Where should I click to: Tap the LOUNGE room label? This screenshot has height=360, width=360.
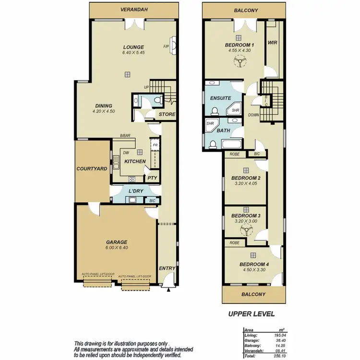click(133, 47)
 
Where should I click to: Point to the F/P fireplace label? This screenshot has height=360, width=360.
click(166, 47)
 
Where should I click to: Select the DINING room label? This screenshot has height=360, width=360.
click(104, 106)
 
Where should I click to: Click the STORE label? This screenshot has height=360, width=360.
click(167, 114)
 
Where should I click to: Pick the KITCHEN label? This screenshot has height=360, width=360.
click(135, 161)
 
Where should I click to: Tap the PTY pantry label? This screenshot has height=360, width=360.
click(153, 178)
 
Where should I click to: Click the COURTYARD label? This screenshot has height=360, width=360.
click(92, 169)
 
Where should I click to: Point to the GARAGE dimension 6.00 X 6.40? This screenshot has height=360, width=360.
click(117, 248)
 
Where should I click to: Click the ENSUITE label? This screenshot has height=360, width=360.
click(220, 98)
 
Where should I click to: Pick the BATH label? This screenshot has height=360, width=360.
click(223, 130)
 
